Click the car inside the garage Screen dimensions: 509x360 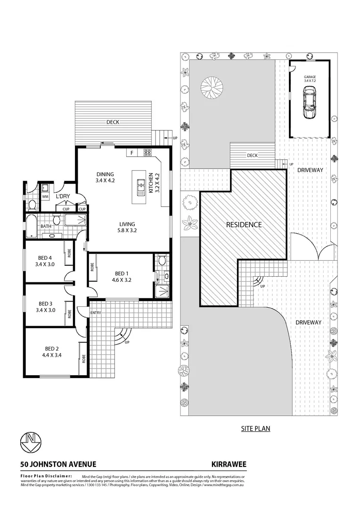pyautogui.click(x=310, y=104)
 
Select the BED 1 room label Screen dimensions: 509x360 pyautogui.click(x=121, y=273)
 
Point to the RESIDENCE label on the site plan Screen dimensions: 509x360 pyautogui.click(x=244, y=225)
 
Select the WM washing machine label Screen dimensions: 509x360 pyautogui.click(x=46, y=196)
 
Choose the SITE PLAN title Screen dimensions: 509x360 pyautogui.click(x=255, y=428)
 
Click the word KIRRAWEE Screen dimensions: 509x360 pyautogui.click(x=229, y=464)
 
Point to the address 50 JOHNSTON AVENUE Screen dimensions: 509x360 pyautogui.click(x=58, y=464)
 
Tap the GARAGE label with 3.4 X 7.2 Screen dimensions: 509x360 pyautogui.click(x=310, y=78)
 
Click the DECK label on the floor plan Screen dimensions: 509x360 pyautogui.click(x=112, y=122)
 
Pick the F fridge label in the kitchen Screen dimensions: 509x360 pyautogui.click(x=131, y=152)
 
